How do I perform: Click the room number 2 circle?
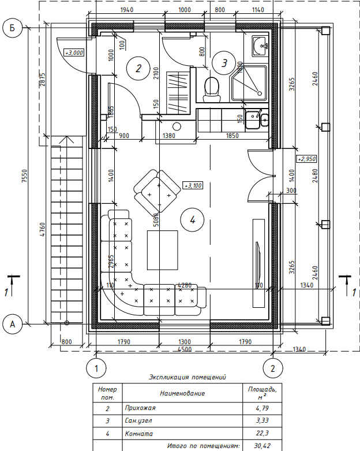tap(138, 68)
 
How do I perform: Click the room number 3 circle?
tap(224, 61)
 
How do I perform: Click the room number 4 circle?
tap(192, 219)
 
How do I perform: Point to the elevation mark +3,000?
tap(74, 53)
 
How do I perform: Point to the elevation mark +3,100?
tap(192, 185)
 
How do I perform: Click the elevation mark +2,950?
tap(306, 158)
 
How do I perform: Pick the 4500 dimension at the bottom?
tap(185, 349)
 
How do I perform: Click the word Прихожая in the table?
tap(140, 408)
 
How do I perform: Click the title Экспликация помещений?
tap(187, 377)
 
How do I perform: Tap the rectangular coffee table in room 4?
tap(163, 249)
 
